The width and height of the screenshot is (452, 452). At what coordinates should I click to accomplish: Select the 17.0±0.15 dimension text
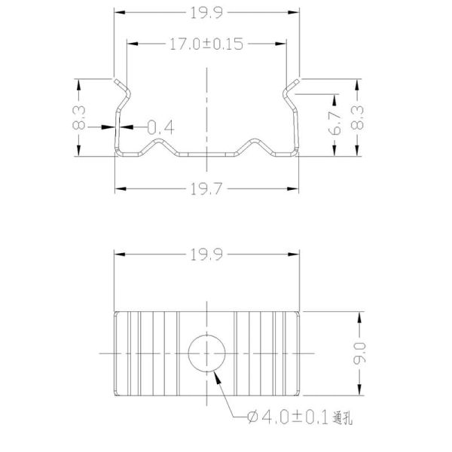point(203,44)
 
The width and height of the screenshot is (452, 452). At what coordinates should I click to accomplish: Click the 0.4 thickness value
point(160,128)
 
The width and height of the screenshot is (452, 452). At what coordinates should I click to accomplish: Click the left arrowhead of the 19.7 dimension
point(118,188)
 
